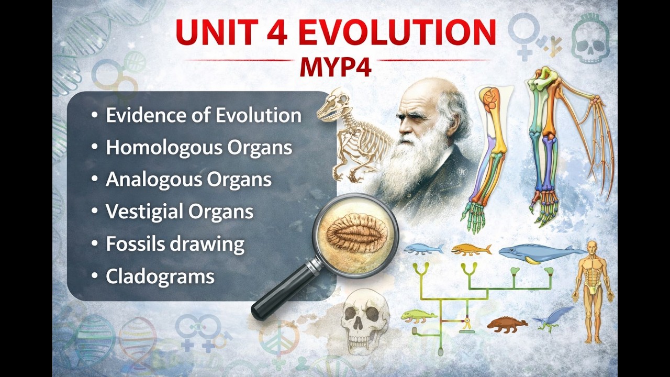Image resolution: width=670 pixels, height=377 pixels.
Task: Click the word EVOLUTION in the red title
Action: click(398, 32)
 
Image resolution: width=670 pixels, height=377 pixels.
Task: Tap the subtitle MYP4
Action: click(336, 68)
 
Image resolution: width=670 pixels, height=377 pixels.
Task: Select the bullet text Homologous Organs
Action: click(199, 147)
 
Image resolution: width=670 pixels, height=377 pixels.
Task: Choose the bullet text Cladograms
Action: click(160, 276)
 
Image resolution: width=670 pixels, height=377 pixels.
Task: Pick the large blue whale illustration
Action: click(539, 253)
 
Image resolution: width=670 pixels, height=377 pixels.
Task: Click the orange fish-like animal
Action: click(471, 249)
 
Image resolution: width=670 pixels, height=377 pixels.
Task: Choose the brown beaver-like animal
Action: click(506, 325)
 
